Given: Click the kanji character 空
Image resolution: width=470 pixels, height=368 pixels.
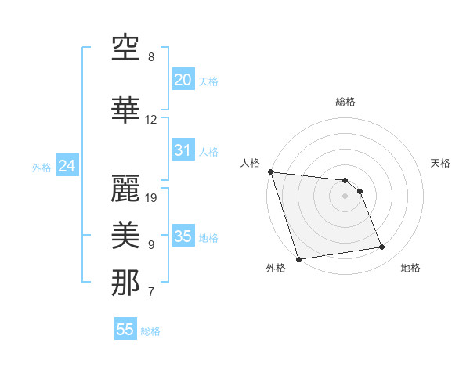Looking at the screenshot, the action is pos(126,49).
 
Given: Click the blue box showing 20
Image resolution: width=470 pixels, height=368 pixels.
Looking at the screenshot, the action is pos(183,80).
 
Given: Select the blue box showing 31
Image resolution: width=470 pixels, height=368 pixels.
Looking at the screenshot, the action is pos(183,150).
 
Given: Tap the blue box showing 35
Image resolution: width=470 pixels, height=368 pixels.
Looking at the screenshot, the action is pos(183,236).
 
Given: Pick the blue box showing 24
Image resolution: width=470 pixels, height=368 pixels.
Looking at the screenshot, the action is pos(67,166).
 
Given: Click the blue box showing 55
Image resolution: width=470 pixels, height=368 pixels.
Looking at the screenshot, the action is pos(125,330).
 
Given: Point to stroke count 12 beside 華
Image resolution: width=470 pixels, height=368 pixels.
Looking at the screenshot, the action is pos(150,120).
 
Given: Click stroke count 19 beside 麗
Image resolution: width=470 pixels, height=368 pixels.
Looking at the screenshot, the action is pos(152,197).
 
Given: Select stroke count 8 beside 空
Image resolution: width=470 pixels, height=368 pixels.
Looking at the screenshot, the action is pos(151,57).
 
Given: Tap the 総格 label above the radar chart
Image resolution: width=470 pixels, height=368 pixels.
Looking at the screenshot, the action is pos(345,102).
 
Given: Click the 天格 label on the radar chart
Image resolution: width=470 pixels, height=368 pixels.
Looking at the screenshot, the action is pos(441,163).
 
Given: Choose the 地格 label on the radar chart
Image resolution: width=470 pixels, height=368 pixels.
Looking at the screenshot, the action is pos(410,268).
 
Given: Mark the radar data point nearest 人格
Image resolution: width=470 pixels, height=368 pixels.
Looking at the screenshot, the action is pos(270,171).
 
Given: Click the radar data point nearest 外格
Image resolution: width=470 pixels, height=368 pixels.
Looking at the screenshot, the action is pos(298,258).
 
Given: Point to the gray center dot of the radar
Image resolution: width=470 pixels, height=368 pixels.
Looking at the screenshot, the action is pos(345,196).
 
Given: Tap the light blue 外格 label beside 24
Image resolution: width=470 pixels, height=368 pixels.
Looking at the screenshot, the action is pos(42,167).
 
